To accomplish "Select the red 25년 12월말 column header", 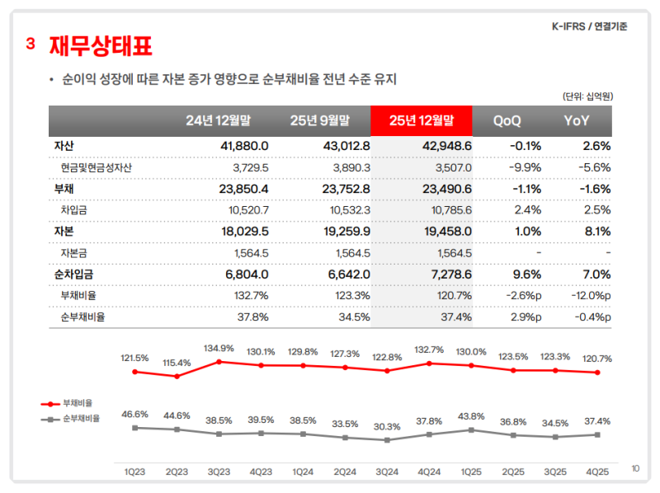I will click(421, 120).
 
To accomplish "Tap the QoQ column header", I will click(507, 120).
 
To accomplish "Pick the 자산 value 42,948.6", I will click(445, 146).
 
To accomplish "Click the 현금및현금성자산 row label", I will click(97, 167).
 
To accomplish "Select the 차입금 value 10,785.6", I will click(446, 210).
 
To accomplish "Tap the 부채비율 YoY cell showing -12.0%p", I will click(590, 295).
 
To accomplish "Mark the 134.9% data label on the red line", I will click(219, 347).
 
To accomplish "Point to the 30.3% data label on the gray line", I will click(386, 426).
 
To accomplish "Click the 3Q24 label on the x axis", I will click(386, 472).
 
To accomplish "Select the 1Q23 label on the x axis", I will click(134, 472).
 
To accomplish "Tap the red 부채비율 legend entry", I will click(72, 403).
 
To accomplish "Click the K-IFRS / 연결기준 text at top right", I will click(589, 26).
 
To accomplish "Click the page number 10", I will click(635, 468).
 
